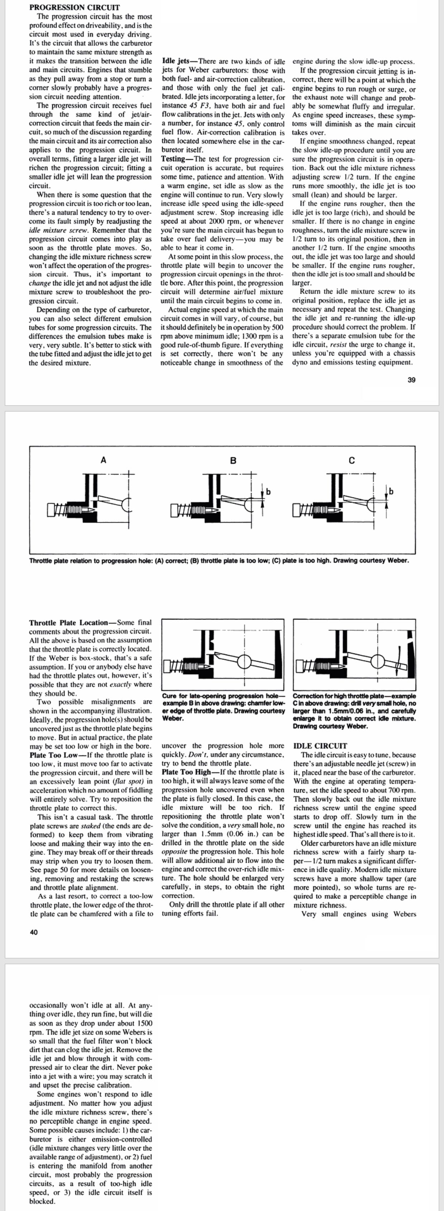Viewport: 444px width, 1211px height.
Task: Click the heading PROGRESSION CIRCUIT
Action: pos(74,8)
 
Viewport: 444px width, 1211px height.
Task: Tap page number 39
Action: pos(411,380)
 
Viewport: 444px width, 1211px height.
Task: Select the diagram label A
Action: pos(103,460)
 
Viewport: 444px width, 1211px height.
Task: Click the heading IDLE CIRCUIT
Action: pos(320,746)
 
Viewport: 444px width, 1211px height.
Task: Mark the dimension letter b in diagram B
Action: pos(268,492)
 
